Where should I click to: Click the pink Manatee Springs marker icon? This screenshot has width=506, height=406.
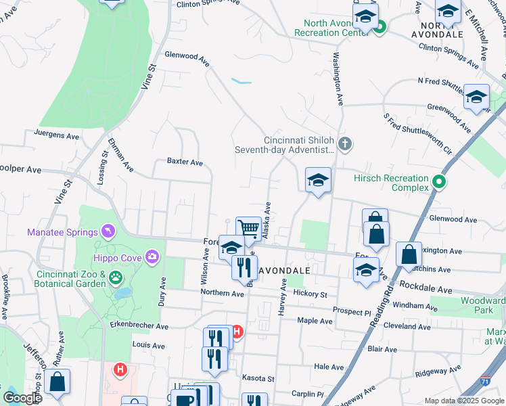(106, 232)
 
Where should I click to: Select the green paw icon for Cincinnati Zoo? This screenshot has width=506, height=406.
(116, 276)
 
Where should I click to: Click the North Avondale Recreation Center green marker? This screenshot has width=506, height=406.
(380, 28)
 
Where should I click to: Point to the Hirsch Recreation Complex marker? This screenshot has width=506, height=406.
(439, 182)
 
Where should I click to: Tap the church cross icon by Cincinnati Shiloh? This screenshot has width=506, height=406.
(346, 143)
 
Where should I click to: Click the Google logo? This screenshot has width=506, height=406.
(22, 397)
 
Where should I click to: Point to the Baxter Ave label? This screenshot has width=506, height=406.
(185, 162)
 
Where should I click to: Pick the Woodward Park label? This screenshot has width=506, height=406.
(483, 305)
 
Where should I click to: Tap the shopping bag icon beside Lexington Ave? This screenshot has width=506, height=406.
(409, 255)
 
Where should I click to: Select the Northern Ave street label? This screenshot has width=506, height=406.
(222, 293)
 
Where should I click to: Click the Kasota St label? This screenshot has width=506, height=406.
(258, 378)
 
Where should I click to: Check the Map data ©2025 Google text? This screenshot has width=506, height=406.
(463, 401)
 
